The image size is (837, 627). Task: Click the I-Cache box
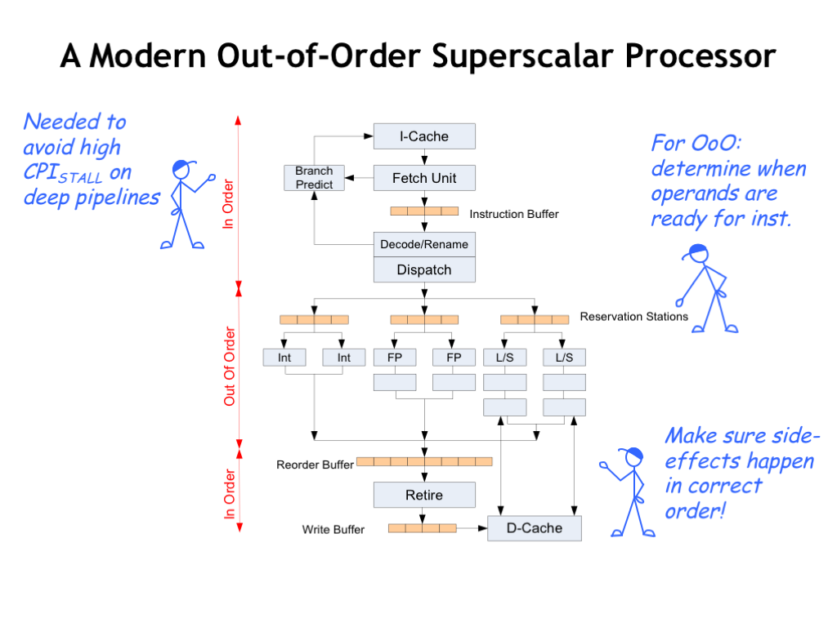coord(424,136)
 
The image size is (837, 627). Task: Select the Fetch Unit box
coord(424,178)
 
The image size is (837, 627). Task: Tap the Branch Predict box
coord(314,177)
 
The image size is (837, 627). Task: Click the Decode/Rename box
coord(424,244)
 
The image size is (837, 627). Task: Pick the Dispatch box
coord(424,269)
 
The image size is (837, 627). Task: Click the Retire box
coord(424,495)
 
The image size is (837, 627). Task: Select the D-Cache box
coord(535,528)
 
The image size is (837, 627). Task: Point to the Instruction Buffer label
coord(514,214)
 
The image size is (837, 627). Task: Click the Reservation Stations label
coord(634,317)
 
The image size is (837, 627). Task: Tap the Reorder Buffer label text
coord(315,465)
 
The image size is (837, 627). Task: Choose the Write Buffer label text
coord(333,530)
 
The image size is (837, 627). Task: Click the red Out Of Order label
coord(230,367)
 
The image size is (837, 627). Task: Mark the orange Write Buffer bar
coord(422,528)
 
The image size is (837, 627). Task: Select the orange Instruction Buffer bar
coord(424,211)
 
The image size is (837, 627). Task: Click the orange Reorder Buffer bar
coord(424,461)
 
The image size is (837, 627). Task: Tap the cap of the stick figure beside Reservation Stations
coord(696,251)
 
